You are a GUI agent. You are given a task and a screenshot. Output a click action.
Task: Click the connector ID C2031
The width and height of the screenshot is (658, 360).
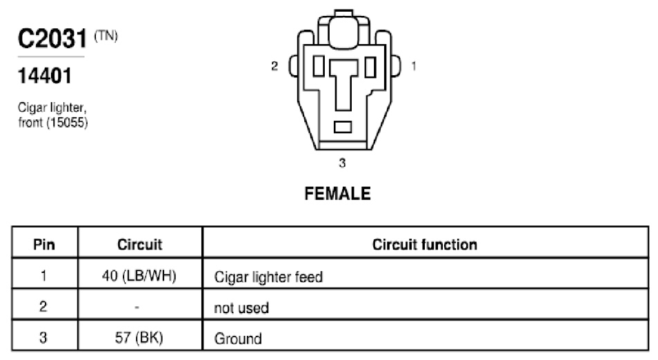52,38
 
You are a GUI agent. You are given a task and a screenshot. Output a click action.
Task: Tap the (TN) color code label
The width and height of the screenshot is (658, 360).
106,36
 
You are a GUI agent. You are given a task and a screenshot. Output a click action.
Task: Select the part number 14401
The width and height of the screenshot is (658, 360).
45,76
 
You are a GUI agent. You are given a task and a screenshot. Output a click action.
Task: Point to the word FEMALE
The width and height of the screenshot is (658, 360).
337,193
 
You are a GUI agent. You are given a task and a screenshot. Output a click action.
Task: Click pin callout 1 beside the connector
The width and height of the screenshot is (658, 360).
414,66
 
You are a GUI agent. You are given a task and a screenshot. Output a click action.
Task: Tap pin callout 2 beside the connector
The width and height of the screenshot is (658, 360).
275,66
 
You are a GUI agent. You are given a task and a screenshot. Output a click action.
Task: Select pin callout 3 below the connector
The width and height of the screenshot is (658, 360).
342,162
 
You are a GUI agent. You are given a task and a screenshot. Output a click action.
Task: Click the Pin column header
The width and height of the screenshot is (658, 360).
44,245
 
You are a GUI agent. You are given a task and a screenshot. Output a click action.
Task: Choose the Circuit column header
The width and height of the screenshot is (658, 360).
140,245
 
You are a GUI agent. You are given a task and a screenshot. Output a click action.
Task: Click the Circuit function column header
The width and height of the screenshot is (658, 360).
425,245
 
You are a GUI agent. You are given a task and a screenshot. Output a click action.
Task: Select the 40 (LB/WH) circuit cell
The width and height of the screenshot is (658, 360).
139,276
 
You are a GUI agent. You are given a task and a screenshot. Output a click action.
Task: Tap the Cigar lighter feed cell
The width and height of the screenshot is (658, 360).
268,277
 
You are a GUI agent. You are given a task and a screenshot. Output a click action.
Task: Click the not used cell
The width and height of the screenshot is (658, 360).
241,308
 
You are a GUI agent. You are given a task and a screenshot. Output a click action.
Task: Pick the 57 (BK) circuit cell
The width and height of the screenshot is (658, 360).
139,337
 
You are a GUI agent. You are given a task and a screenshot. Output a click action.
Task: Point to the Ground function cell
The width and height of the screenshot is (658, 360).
238,339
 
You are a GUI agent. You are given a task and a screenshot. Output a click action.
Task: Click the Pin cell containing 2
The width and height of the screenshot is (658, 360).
43,306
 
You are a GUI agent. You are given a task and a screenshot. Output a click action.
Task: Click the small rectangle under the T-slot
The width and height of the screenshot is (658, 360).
343,127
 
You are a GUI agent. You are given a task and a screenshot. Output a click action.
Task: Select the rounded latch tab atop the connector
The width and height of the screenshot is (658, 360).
343,30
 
